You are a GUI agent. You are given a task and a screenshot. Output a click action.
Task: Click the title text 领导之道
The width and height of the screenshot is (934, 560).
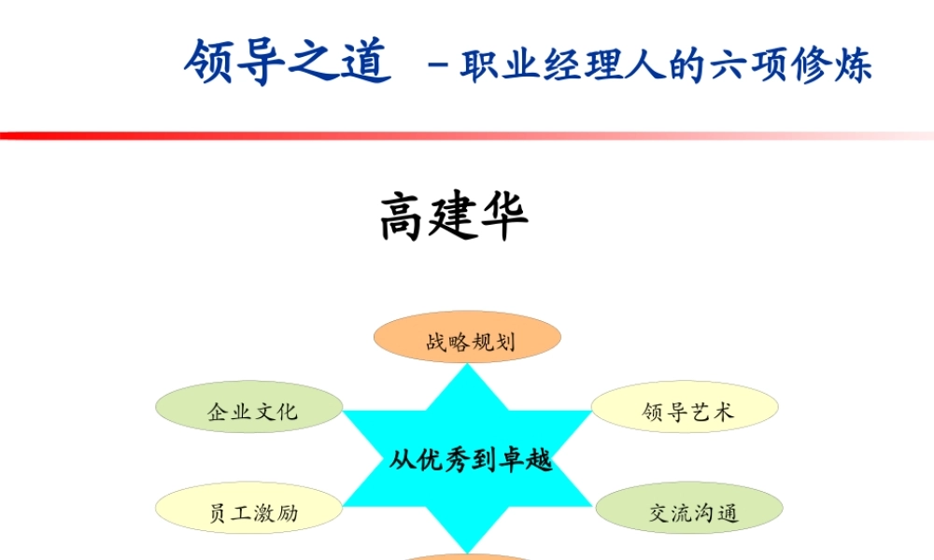pos(287,63)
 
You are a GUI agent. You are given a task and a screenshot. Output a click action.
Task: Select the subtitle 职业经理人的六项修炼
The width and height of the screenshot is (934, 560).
pos(666,65)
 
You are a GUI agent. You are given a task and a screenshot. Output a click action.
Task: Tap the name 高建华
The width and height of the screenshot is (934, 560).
pos(455,217)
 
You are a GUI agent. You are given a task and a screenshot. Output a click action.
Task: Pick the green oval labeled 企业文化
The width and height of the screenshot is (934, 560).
pos(249,408)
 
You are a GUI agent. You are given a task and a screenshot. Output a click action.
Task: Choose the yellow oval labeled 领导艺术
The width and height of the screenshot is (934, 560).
pos(686,408)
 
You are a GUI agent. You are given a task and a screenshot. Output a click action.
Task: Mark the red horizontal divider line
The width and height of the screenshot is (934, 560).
pos(467,136)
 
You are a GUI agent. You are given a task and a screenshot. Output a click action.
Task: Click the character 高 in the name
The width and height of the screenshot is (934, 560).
pos(403,217)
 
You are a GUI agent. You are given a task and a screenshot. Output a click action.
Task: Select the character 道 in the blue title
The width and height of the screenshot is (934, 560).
pos(364,63)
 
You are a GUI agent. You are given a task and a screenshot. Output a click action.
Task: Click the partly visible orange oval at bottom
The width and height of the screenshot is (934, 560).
pos(467,556)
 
